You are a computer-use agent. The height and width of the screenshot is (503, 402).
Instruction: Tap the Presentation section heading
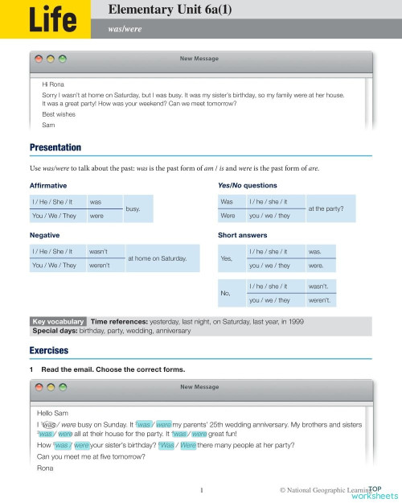click(55, 147)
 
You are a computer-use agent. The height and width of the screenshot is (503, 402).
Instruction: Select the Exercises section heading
click(48, 351)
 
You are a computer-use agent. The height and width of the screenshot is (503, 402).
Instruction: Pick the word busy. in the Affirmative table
click(133, 208)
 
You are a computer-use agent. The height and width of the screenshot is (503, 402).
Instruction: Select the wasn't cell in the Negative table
click(100, 251)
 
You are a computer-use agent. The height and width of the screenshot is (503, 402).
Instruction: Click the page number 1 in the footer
click(201, 489)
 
